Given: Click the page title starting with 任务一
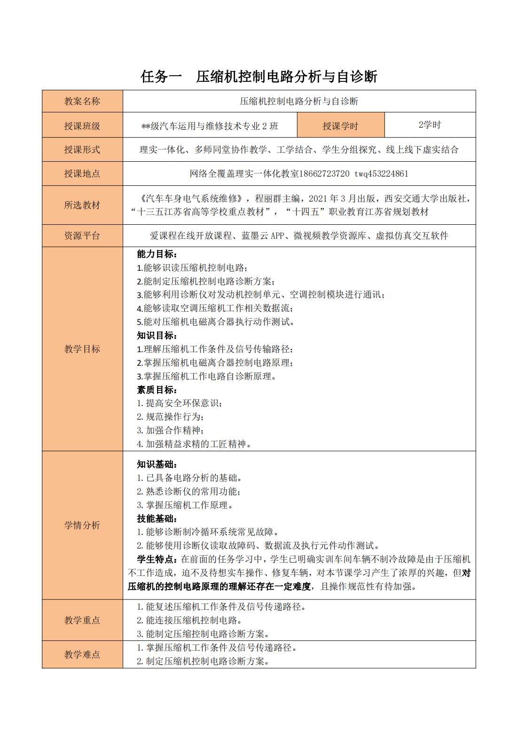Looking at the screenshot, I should tap(259, 76).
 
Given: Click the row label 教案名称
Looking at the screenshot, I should tap(82, 101).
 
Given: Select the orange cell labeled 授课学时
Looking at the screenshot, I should tap(340, 126).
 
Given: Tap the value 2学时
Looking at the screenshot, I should tap(430, 125).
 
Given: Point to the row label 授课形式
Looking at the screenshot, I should tap(82, 150).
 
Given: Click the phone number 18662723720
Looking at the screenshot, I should tap(324, 173).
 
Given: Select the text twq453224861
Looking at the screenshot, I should tap(381, 173).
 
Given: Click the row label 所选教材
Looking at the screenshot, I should tap(82, 205).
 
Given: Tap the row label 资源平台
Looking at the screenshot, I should tap(82, 236).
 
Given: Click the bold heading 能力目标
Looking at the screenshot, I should tap(157, 254).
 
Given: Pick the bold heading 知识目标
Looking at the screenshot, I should tap(157, 336).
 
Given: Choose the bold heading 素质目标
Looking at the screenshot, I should tap(157, 390).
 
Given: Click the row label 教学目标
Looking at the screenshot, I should tap(82, 349).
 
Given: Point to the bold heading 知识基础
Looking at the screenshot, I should tap(157, 465).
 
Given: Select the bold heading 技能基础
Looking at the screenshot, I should tap(157, 519).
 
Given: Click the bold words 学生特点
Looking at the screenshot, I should tap(157, 560).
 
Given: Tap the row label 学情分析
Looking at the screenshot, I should tap(82, 525).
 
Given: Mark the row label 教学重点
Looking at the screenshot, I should tap(82, 620).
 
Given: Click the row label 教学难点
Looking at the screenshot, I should tap(82, 654).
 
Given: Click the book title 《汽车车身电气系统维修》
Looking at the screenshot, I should tap(190, 198).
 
